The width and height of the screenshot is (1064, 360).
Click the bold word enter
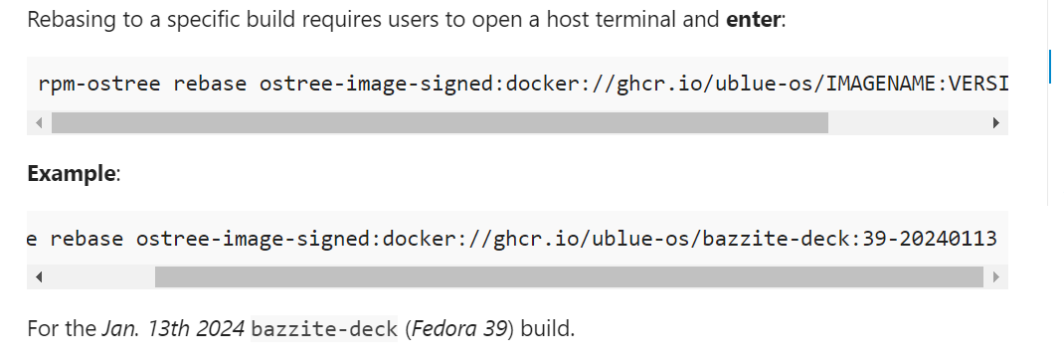pyautogui.click(x=755, y=19)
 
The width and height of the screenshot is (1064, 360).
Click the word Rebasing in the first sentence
pyautogui.click(x=67, y=19)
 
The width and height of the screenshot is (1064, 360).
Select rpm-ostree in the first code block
pyautogui.click(x=100, y=84)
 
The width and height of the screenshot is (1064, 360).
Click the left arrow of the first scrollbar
pyautogui.click(x=39, y=123)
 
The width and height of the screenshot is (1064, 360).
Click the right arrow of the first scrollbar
pyautogui.click(x=994, y=123)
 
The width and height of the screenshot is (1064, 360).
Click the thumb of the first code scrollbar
pyautogui.click(x=439, y=123)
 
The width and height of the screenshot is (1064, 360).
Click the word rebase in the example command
pyautogui.click(x=88, y=239)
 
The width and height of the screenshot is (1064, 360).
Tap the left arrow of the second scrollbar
pyautogui.click(x=39, y=277)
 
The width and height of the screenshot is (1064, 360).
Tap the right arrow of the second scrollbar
pyautogui.click(x=994, y=277)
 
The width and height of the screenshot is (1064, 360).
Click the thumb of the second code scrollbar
pyautogui.click(x=568, y=277)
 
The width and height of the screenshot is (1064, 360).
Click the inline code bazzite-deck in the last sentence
pyautogui.click(x=324, y=327)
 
